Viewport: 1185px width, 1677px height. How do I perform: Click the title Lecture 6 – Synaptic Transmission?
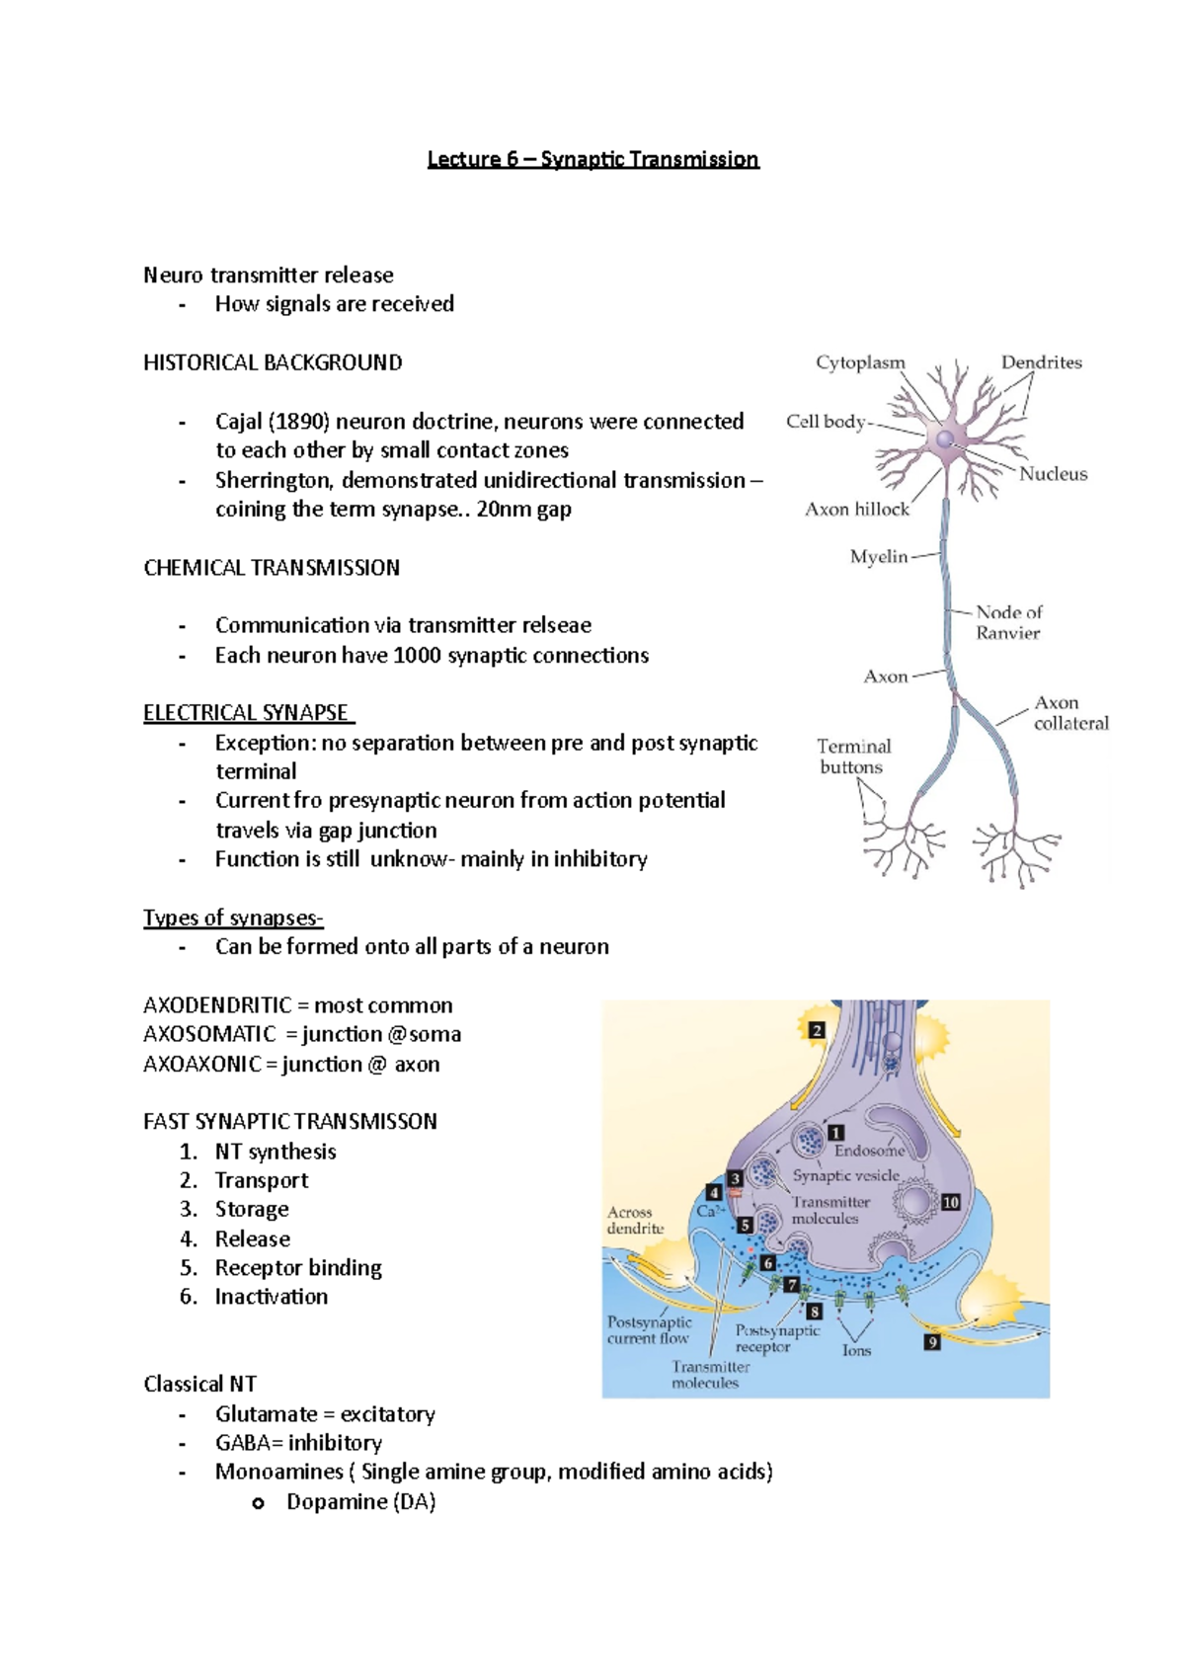click(592, 159)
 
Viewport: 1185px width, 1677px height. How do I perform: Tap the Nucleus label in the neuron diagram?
click(1053, 474)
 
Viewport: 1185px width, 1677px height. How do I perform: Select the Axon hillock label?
click(856, 510)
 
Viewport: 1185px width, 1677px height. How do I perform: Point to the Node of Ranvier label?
click(1008, 623)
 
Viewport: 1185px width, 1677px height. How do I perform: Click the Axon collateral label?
click(1070, 713)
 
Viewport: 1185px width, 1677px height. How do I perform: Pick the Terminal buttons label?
click(853, 757)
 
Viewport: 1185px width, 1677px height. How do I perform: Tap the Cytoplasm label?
click(860, 362)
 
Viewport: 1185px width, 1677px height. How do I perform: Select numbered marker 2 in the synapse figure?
click(817, 1030)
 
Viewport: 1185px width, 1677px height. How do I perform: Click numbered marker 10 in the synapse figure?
click(950, 1202)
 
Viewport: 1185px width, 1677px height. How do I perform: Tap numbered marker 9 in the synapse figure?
click(931, 1342)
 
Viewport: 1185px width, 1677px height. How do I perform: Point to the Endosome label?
click(869, 1151)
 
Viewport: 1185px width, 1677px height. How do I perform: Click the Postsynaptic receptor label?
click(776, 1339)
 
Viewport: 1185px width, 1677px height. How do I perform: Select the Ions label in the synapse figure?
click(856, 1350)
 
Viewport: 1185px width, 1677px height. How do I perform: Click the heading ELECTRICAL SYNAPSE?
click(246, 713)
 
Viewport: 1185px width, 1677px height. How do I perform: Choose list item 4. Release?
click(252, 1238)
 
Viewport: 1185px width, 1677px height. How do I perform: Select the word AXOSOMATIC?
click(209, 1034)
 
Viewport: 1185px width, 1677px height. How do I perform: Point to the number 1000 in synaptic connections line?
click(417, 655)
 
